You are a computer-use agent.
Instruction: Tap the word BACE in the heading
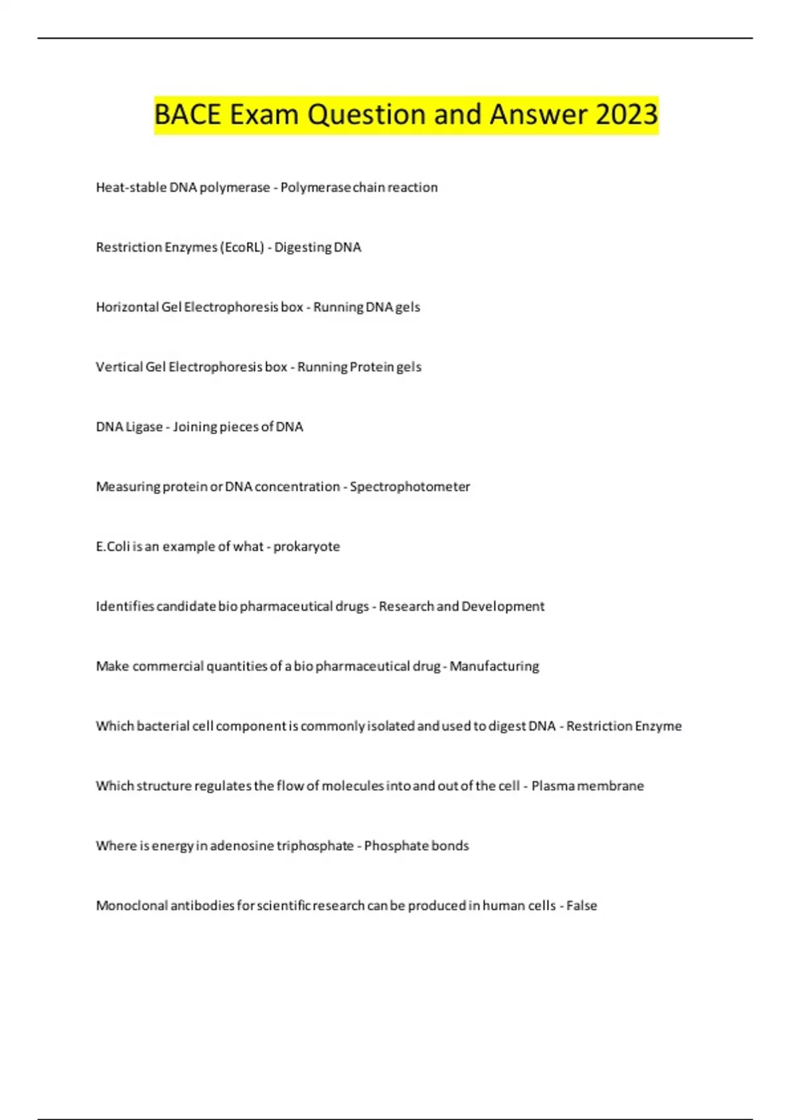[x=187, y=115]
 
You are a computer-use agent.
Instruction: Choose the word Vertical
[x=119, y=367]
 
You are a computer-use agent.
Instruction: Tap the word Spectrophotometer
[x=409, y=487]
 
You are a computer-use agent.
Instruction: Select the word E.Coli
[x=113, y=547]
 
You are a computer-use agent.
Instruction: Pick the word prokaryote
[x=307, y=547]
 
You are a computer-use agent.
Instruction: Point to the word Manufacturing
[x=494, y=666]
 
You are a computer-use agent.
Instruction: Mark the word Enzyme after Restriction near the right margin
[x=659, y=726]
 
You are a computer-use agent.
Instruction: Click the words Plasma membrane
[x=587, y=786]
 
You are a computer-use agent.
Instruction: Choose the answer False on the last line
[x=581, y=906]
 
